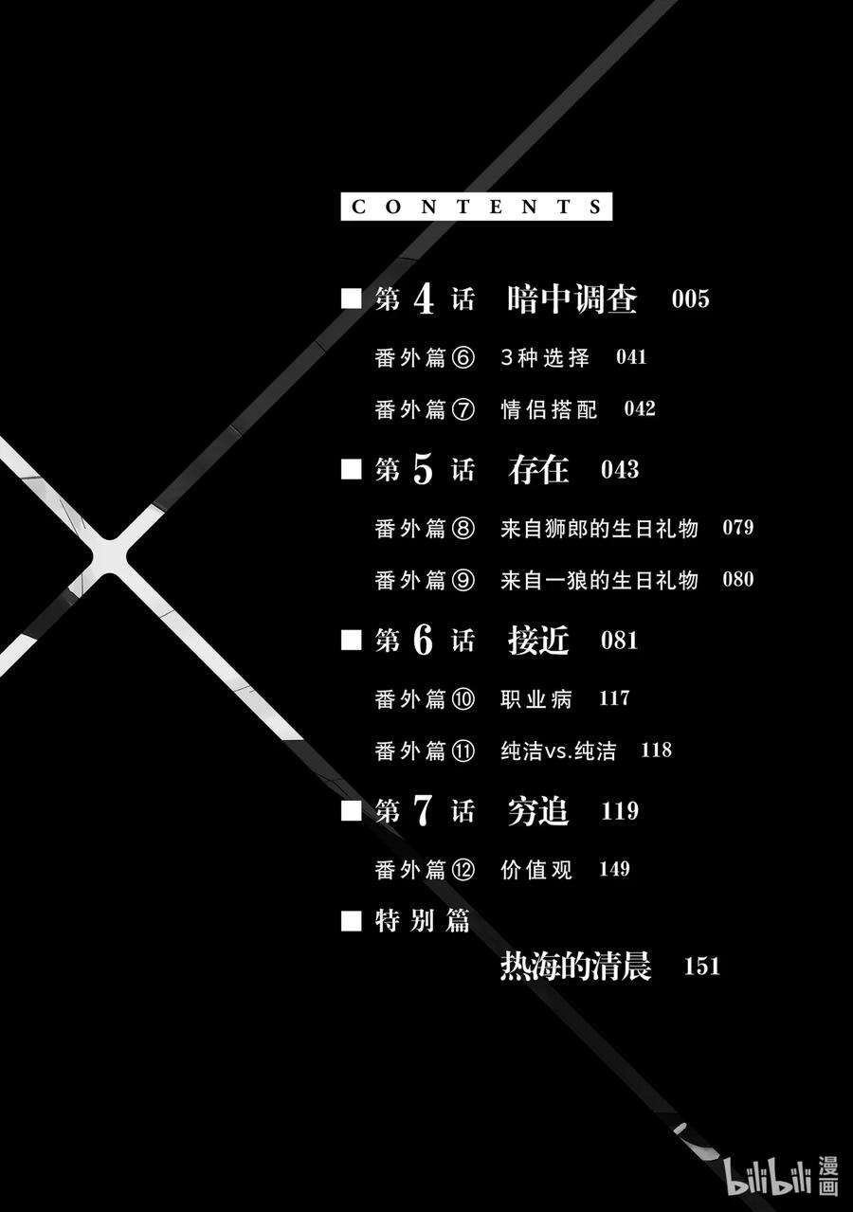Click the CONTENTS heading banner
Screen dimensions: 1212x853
pos(476,207)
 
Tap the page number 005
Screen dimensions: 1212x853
pos(690,300)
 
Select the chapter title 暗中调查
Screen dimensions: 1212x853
pos(572,299)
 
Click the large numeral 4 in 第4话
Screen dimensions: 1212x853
pos(424,300)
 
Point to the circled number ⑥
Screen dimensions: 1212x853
pos(463,358)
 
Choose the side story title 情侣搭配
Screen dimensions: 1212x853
pos(549,409)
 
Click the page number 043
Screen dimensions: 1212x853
pos(620,470)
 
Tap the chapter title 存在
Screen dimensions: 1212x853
pos(538,470)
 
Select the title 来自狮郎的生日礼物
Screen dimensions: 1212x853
pos(599,528)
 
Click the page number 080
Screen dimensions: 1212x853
pos(737,579)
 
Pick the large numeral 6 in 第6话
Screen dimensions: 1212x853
pos(423,641)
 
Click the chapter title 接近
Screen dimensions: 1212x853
pos(538,641)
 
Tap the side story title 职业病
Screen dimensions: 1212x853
pos(536,699)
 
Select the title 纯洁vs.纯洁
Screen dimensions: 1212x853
pos(557,751)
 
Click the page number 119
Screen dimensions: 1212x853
pos(620,811)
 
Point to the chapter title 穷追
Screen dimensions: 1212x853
pos(538,811)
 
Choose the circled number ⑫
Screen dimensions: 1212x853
pos(463,870)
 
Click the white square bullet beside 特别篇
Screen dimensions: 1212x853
pos(352,920)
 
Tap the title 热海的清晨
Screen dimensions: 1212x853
pos(575,968)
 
